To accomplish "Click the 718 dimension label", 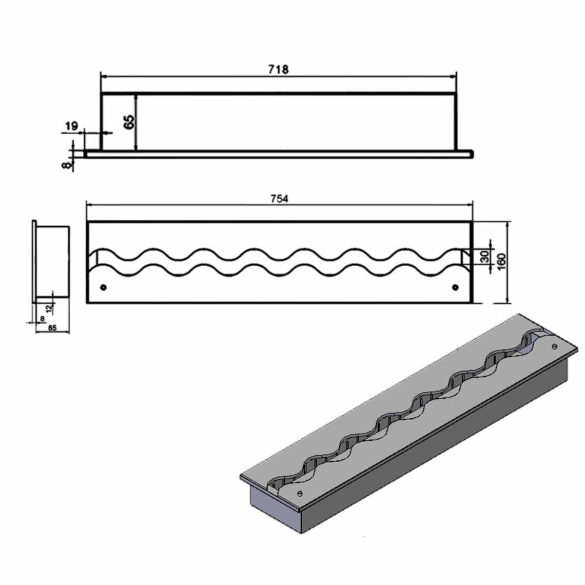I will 278,70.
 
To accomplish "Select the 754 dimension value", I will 279,199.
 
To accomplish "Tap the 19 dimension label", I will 72,126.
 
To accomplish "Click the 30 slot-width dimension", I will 485,257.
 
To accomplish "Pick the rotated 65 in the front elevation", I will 129,122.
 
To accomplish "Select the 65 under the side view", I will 53,329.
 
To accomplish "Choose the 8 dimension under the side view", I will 42,318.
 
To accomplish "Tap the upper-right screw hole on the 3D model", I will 554,346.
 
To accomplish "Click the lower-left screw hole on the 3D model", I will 299,492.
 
